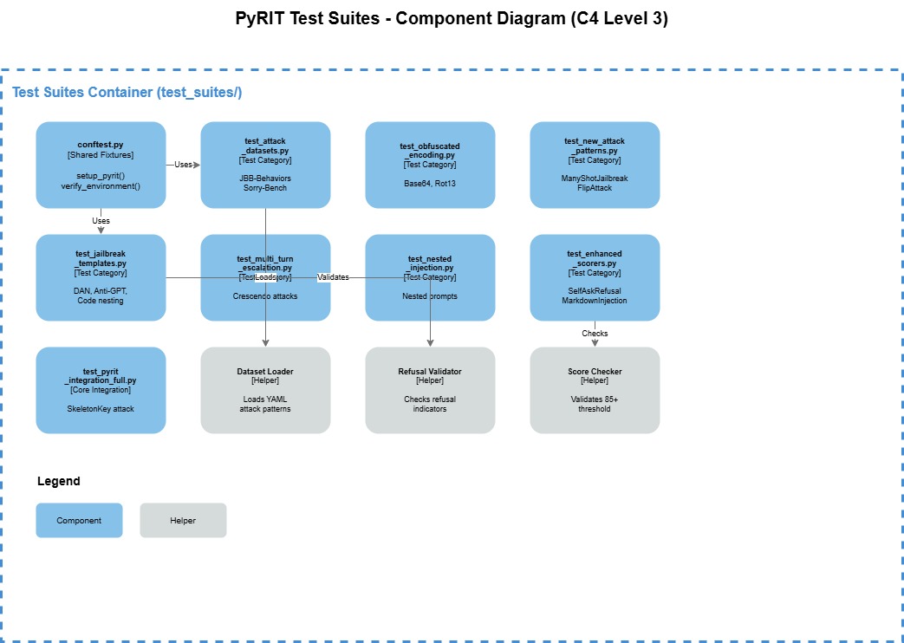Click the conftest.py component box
[x=101, y=165]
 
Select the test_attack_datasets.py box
[x=265, y=165]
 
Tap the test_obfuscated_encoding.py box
[x=430, y=165]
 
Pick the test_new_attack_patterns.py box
[x=595, y=165]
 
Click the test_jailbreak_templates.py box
[x=101, y=277]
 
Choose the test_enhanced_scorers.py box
[x=595, y=277]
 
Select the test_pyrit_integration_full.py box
[x=101, y=390]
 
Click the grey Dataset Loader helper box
[x=265, y=390]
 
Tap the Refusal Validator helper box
[x=430, y=390]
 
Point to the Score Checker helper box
[x=595, y=390]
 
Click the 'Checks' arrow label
[x=595, y=334]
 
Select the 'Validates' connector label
[x=333, y=277]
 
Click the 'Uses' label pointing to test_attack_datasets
[x=183, y=165]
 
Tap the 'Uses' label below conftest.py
[x=101, y=221]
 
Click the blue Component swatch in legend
[x=79, y=521]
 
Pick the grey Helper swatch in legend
[x=183, y=521]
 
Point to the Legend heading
[x=59, y=481]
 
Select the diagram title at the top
[x=452, y=19]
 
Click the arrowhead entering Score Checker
[x=595, y=343]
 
